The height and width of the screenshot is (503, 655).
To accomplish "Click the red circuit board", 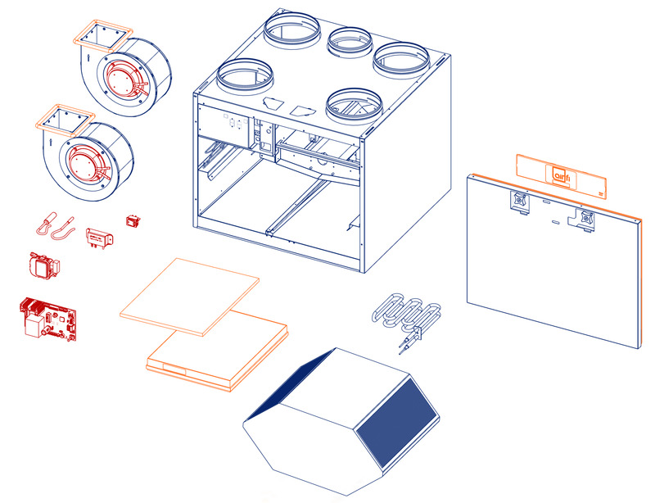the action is pos(48,319).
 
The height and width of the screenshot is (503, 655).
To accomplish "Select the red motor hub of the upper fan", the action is pos(125,81).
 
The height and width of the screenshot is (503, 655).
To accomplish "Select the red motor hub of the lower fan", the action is pos(88,164).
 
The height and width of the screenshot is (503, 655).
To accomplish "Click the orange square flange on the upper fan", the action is pos(103,35).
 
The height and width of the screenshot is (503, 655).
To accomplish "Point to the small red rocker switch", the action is pos(133,220).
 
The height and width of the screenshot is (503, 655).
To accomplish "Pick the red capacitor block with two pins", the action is pos(99,238).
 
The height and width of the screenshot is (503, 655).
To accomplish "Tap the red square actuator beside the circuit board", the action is pos(43,265).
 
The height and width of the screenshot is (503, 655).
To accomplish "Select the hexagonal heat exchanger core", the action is pos(341,420).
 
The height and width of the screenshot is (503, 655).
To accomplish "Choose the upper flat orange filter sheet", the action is pos(189,297).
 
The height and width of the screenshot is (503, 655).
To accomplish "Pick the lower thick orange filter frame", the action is pos(217,351).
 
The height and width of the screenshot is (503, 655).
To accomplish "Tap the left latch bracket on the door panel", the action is pos(520,202).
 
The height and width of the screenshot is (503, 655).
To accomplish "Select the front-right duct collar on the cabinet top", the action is pos(354,106).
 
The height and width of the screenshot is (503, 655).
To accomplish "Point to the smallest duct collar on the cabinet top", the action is pos(350,43).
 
